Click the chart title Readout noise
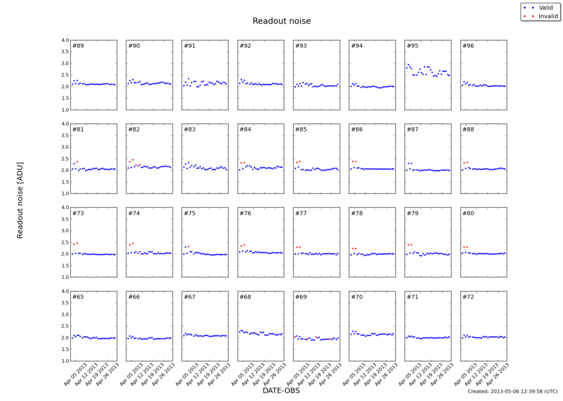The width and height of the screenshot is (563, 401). (281, 21)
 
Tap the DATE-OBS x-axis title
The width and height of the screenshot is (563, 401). (281, 390)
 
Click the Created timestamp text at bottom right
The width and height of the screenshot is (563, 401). (512, 391)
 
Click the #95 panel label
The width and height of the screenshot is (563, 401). (412, 46)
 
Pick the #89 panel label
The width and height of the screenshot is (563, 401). (78, 46)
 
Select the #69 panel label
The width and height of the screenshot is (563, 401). (301, 297)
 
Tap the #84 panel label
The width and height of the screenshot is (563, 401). (245, 129)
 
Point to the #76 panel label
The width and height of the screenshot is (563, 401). (245, 213)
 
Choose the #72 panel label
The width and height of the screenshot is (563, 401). (468, 297)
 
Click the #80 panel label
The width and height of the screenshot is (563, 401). (468, 213)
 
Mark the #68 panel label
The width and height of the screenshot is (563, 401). (245, 297)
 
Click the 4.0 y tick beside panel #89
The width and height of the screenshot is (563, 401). (64, 40)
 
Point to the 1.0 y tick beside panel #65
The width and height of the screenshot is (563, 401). (64, 361)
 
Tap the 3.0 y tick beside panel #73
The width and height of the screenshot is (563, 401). (64, 231)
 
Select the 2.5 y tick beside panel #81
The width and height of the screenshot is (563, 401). (64, 158)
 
